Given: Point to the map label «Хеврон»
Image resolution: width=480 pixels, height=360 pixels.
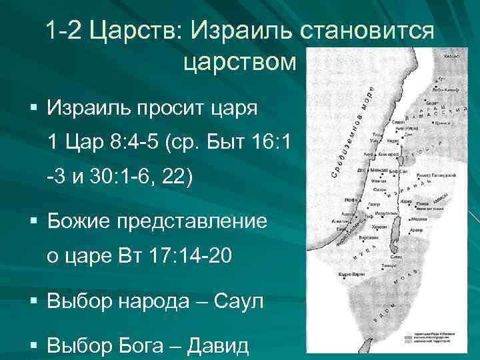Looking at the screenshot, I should point(379,227).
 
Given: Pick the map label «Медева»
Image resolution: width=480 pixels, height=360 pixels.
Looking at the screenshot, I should point(419,218).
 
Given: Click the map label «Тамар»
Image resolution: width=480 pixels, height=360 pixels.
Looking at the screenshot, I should point(388,265).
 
